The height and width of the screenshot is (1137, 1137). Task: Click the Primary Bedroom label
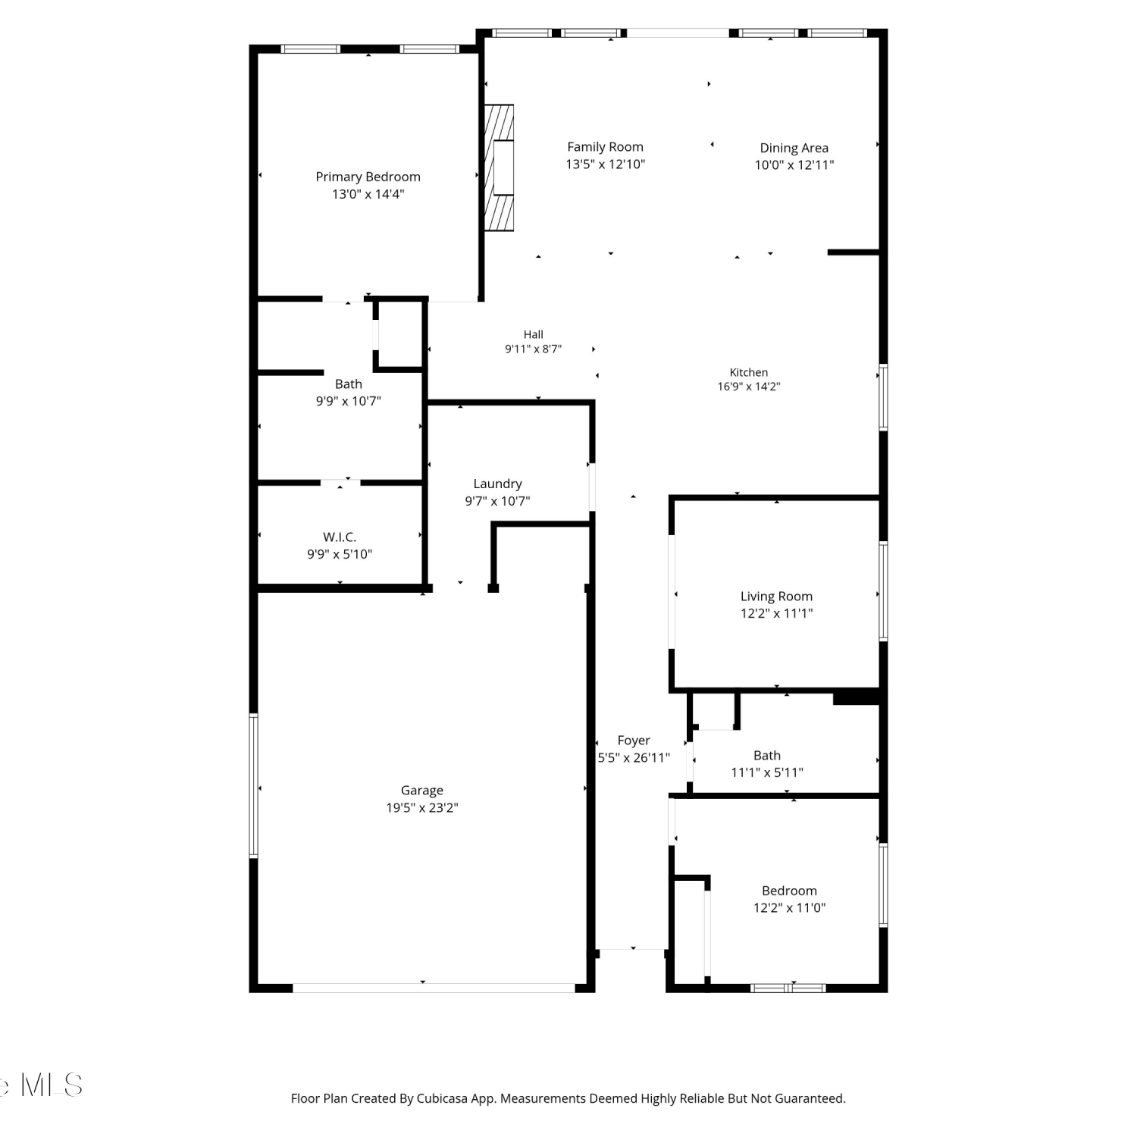click(x=368, y=177)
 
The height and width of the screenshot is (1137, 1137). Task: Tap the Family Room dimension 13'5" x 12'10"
click(x=605, y=164)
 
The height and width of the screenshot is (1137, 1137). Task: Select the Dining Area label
click(x=794, y=148)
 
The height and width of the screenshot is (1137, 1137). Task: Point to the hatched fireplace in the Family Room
click(x=499, y=168)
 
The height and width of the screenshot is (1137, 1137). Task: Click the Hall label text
click(x=533, y=334)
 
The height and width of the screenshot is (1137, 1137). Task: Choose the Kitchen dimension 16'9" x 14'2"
click(x=749, y=387)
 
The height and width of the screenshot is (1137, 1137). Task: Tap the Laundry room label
click(x=497, y=484)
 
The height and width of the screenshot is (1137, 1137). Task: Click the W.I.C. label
click(x=340, y=537)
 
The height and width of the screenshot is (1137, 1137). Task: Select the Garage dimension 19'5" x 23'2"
click(x=421, y=807)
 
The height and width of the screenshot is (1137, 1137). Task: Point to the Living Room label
click(x=776, y=597)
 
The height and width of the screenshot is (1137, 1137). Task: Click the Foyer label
click(x=634, y=741)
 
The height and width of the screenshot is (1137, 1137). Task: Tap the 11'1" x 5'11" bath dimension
click(x=767, y=772)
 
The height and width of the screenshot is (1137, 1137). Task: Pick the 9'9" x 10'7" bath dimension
click(x=348, y=401)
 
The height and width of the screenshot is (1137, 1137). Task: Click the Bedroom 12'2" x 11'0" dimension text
click(x=789, y=907)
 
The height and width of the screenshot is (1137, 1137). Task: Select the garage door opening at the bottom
click(x=434, y=988)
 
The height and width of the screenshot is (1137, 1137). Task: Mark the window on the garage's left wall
click(x=254, y=785)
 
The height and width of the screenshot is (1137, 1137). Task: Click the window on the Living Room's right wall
click(x=883, y=591)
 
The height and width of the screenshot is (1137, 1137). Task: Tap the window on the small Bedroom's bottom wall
click(x=788, y=988)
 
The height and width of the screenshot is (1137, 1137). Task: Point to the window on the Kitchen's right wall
click(x=883, y=397)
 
